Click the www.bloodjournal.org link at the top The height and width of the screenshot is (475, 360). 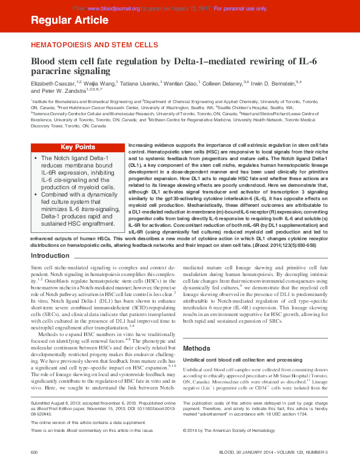point(113,8)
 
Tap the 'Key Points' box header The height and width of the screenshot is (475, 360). point(78,147)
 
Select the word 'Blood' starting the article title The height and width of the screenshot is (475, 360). point(45,61)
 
